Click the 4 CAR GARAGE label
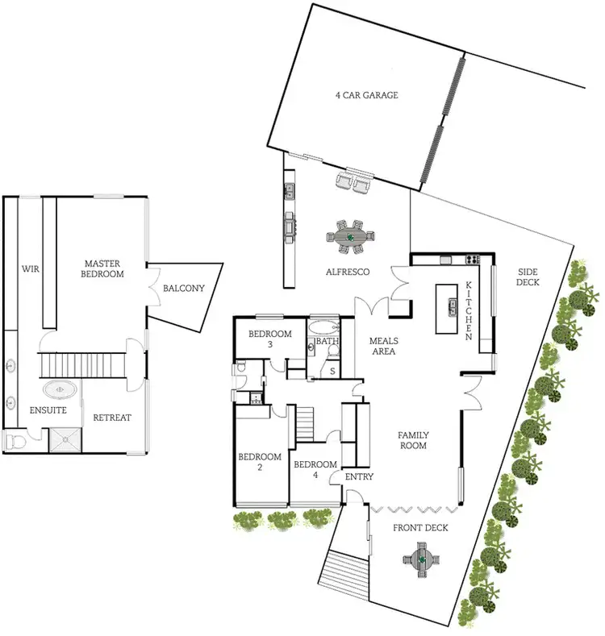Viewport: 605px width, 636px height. coord(367,95)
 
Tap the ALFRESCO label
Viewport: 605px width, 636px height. coord(348,272)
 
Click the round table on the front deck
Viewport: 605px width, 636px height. coord(421,557)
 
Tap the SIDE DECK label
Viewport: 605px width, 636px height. coord(528,276)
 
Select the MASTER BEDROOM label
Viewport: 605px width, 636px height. coord(104,268)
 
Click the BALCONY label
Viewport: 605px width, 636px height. coord(183,289)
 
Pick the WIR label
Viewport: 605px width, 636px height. coord(31,268)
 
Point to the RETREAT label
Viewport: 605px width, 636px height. coord(112,418)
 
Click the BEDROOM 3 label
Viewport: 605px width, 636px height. coord(269,339)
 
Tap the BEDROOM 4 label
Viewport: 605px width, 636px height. coord(315,470)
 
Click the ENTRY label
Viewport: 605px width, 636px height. coord(359,477)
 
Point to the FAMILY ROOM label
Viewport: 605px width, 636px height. coord(412,440)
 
